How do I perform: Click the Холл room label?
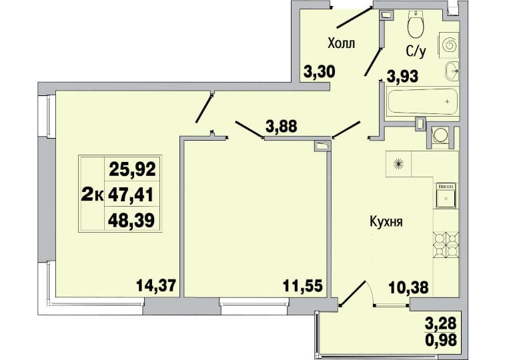coord(341,43)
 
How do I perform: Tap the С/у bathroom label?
coord(416,51)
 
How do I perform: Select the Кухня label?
coord(386,223)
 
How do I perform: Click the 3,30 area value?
coord(320,71)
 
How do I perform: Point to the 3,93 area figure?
coord(402,77)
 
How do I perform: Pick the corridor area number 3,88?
coord(281,126)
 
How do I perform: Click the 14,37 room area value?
coord(156,285)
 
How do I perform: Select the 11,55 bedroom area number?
coord(303,286)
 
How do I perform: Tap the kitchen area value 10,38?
coord(409,287)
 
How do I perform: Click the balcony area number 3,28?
coord(441,323)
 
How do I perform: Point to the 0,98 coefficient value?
coord(441,339)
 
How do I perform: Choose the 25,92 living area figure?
coord(132,169)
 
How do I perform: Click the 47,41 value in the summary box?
coord(131,195)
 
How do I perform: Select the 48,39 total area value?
coord(131,221)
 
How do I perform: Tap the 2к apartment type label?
coord(92,195)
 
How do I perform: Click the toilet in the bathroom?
coord(415,24)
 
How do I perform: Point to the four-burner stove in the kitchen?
coord(446,244)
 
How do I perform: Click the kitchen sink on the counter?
coord(446,195)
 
